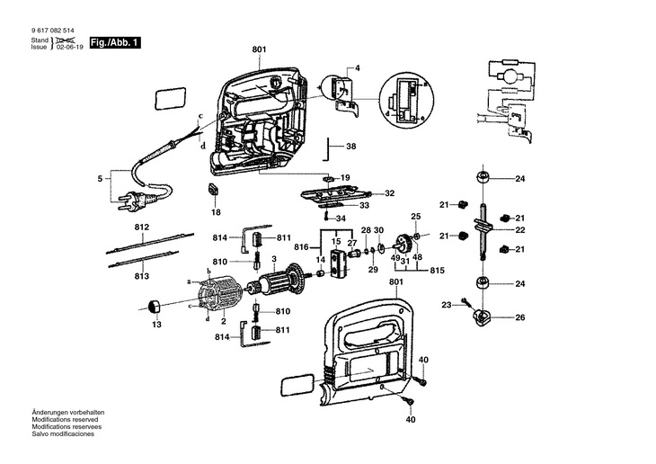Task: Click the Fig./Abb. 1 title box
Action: click(x=115, y=43)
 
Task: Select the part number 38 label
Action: click(x=351, y=147)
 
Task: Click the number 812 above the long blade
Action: click(x=142, y=228)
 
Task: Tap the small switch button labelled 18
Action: click(x=213, y=189)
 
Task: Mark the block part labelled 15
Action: click(x=338, y=264)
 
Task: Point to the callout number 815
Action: click(x=438, y=271)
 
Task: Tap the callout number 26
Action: click(x=519, y=317)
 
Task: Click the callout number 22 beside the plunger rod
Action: click(x=519, y=230)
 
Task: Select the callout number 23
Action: click(x=447, y=305)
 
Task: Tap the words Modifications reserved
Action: click(x=65, y=419)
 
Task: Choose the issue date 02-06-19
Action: click(x=69, y=48)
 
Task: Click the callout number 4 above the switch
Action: click(x=357, y=68)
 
